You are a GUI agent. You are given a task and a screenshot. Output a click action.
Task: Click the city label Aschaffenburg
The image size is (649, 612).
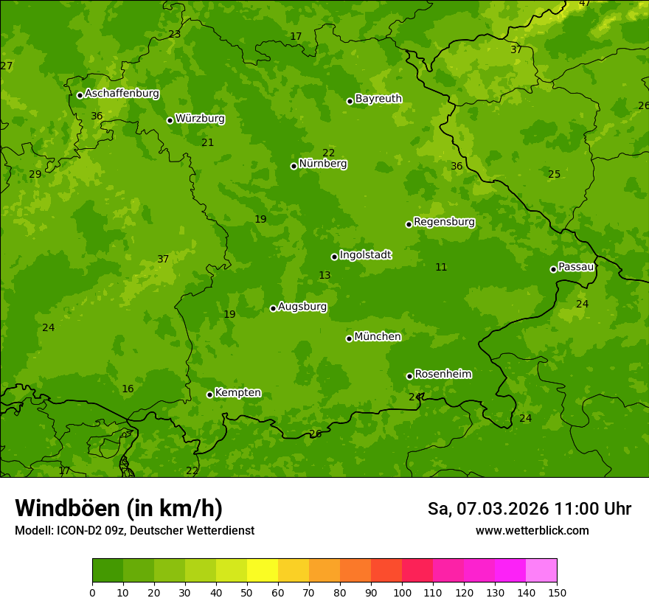coord(122,94)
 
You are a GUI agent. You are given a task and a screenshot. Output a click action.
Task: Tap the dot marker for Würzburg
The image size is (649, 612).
coord(170,120)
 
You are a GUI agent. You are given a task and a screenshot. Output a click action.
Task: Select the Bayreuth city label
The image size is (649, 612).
coord(378,99)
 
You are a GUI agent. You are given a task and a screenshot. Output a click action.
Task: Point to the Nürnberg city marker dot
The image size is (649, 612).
coord(294,166)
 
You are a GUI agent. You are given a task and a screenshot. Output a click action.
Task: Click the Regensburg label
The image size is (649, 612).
coord(444,222)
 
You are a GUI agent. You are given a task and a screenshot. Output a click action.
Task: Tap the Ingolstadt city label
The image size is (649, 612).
coord(365,255)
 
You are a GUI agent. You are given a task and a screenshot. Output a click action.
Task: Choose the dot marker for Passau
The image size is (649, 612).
coord(553,269)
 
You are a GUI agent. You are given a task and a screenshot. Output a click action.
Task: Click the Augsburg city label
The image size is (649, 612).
coord(302,307)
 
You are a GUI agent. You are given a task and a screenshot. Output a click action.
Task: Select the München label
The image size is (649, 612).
coord(378,337)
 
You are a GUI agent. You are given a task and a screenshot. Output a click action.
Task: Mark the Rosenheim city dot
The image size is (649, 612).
coord(409,376)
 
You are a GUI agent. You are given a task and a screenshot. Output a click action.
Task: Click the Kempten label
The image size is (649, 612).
coord(237,393)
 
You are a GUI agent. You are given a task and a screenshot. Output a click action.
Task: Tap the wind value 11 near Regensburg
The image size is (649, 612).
coord(441,268)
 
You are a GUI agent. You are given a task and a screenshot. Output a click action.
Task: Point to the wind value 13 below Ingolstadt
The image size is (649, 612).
coord(324,276)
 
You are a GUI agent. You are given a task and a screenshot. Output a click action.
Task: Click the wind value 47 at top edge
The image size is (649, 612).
coord(584,4)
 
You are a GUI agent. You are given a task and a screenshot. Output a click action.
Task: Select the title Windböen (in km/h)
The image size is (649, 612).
coord(119,508)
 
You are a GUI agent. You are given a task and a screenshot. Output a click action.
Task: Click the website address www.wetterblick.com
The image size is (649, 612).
coord(532,530)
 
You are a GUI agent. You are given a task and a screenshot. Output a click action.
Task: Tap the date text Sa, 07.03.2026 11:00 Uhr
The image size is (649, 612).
coord(529,509)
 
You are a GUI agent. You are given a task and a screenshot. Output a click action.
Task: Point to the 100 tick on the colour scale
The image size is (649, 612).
coord(402,592)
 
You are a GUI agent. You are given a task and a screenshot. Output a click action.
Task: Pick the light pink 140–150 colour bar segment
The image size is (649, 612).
coord(541,571)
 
